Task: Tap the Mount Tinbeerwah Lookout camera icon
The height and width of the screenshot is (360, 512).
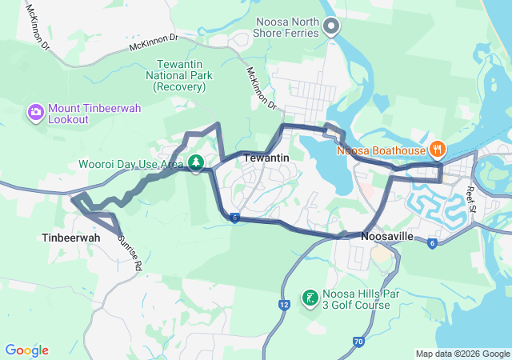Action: [36, 112]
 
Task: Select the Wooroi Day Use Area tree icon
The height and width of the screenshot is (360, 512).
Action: [195, 164]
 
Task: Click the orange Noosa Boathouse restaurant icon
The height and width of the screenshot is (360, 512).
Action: [438, 149]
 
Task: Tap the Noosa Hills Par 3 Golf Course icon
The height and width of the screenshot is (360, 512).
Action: [309, 299]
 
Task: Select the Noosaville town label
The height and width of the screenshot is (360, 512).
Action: [388, 238]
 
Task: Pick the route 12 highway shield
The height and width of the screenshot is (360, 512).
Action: [284, 304]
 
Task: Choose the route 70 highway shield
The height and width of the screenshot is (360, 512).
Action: [358, 342]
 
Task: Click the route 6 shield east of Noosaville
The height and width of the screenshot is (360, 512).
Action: [432, 242]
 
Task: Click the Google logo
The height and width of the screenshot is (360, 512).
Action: [26, 350]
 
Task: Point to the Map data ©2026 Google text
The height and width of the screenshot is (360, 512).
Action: [462, 354]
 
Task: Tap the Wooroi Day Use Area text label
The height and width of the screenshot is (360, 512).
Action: [130, 164]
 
